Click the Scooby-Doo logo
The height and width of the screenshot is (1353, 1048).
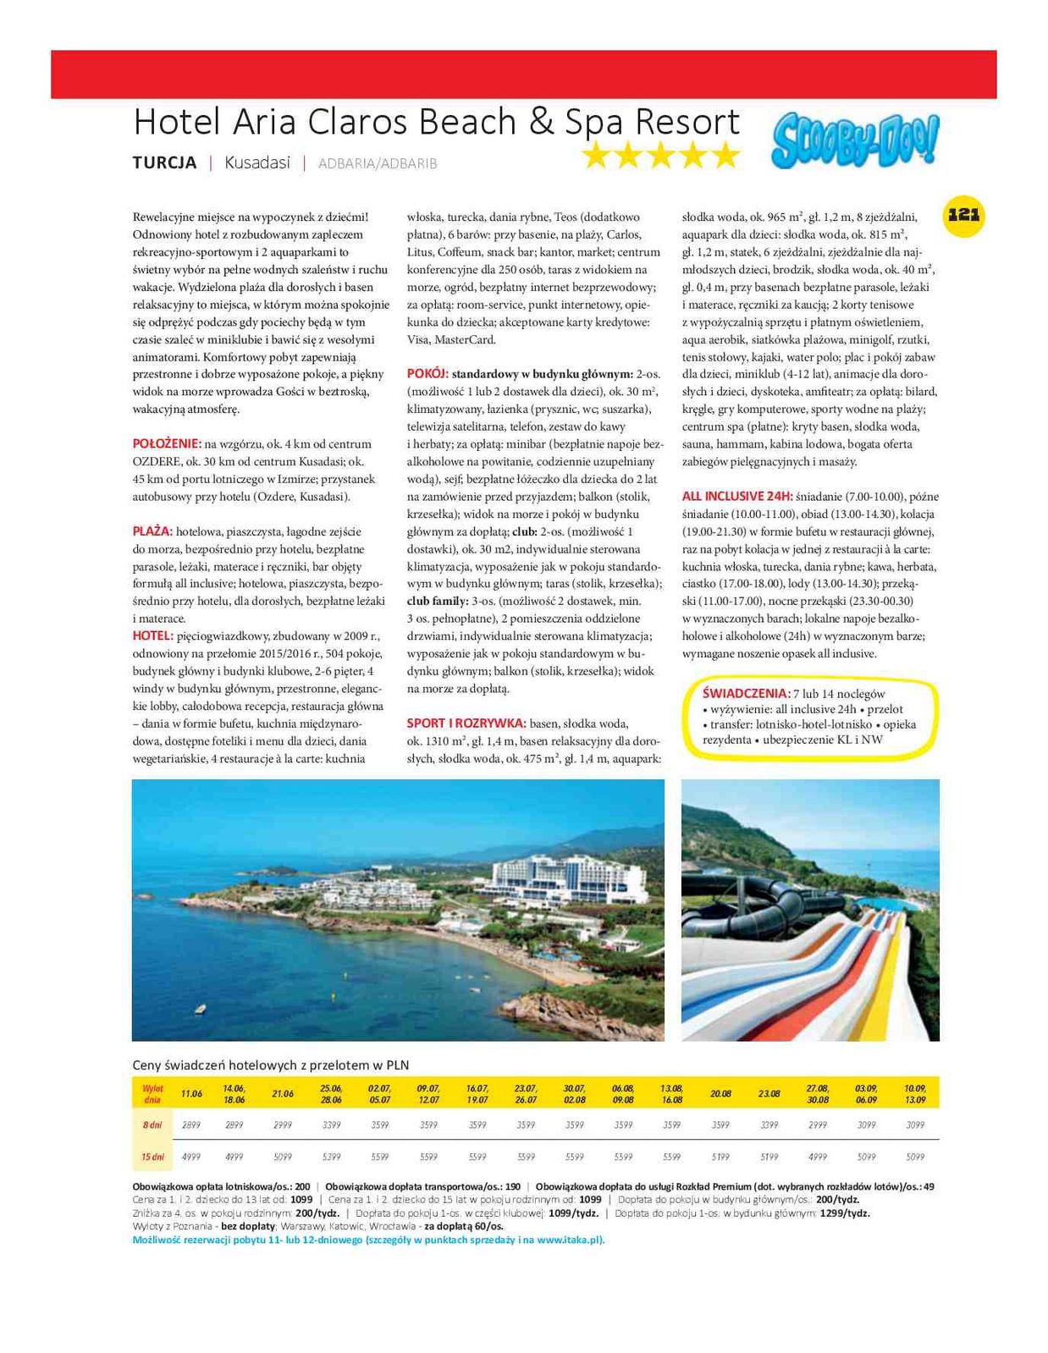click(x=854, y=141)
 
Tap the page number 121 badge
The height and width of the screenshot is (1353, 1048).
click(x=963, y=215)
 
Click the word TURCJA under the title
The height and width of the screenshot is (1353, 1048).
click(x=164, y=162)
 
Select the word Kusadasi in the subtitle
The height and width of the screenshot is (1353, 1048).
click(x=257, y=162)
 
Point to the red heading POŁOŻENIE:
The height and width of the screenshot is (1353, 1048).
click(x=167, y=443)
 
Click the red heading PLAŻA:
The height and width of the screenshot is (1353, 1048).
click(x=152, y=531)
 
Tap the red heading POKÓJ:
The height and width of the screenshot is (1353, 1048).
click(x=427, y=373)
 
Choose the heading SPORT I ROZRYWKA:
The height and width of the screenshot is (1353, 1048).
click(x=466, y=723)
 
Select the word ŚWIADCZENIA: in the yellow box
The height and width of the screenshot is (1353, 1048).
click(x=746, y=694)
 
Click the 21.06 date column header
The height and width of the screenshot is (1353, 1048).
click(x=283, y=1093)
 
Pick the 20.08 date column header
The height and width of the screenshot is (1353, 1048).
click(x=720, y=1093)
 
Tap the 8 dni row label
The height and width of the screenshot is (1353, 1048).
click(x=152, y=1125)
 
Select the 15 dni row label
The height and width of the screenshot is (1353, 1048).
click(x=152, y=1157)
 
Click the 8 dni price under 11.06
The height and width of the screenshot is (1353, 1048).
click(x=191, y=1125)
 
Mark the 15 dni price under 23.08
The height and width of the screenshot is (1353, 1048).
click(x=769, y=1157)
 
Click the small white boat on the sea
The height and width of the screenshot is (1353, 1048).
click(x=200, y=1009)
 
